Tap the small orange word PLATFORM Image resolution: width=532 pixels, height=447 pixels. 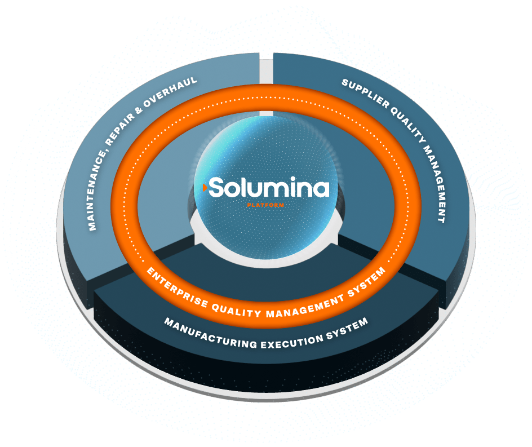[x=265, y=205]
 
